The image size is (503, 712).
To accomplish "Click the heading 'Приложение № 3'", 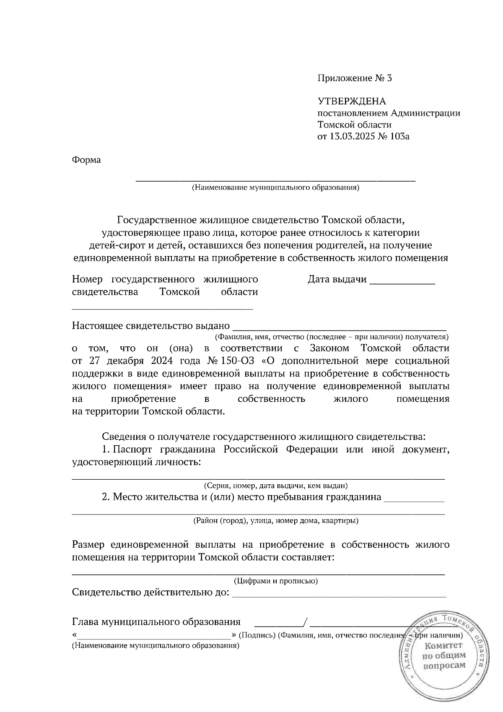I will [x=354, y=78].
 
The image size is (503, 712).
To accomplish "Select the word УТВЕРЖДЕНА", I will [x=352, y=101].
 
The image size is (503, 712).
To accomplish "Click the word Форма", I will [x=86, y=160].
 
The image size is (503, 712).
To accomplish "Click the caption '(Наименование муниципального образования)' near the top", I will [x=275, y=187].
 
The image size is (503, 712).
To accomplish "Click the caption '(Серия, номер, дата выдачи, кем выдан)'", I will [x=275, y=486].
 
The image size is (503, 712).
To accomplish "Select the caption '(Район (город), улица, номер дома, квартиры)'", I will [x=275, y=521].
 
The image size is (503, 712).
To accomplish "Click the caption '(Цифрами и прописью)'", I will [x=275, y=581].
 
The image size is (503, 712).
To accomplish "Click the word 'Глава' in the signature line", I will [x=87, y=621].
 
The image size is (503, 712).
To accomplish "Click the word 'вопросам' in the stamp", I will [x=444, y=665].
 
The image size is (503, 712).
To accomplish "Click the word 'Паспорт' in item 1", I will [x=136, y=450].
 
